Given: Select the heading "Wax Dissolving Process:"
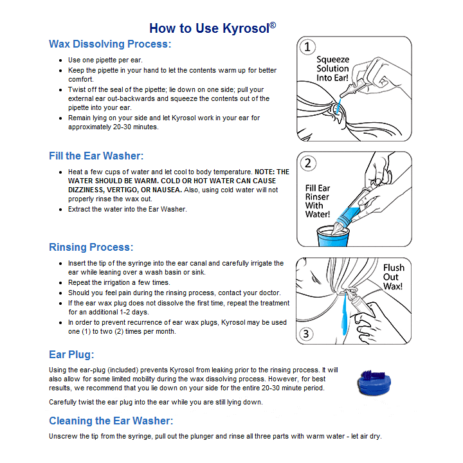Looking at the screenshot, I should click(110, 44).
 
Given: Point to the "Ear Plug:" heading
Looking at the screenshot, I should click(71, 354).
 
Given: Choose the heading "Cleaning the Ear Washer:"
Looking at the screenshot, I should click(111, 421).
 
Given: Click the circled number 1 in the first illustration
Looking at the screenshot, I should click(309, 47).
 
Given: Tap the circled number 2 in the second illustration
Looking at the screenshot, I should click(309, 163).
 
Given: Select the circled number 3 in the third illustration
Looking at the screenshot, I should click(307, 334).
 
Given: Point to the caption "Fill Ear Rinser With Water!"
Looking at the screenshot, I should click(318, 201).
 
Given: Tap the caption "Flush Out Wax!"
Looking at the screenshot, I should click(393, 277).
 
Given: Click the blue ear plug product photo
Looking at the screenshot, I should click(374, 384).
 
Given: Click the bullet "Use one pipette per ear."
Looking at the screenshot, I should click(105, 60).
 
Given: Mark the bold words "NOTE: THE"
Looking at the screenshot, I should click(272, 172).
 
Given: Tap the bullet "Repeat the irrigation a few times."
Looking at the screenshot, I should click(119, 282).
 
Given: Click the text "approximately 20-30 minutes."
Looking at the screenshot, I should click(113, 127).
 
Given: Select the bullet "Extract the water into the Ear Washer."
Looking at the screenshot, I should click(127, 209).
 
